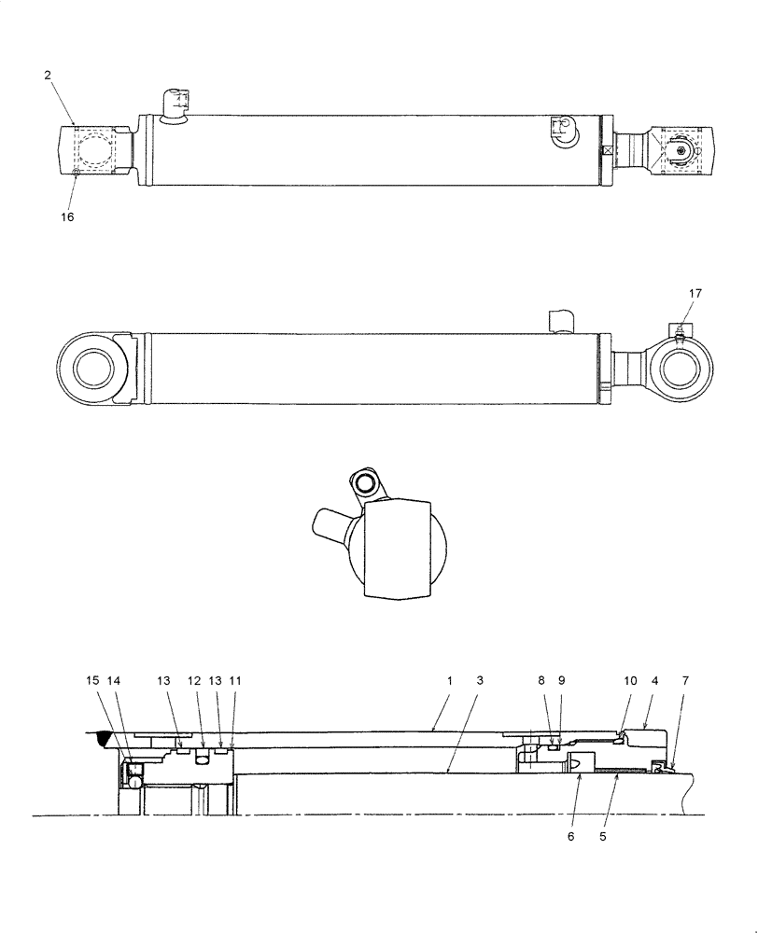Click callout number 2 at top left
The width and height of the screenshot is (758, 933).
coord(48,76)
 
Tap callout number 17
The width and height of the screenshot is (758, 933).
coord(695,294)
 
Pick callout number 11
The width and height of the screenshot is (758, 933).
coord(234,682)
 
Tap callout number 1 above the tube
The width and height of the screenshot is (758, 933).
coord(449,682)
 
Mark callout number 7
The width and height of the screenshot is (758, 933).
coord(686,682)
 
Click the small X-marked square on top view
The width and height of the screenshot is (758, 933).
coord(608,150)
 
